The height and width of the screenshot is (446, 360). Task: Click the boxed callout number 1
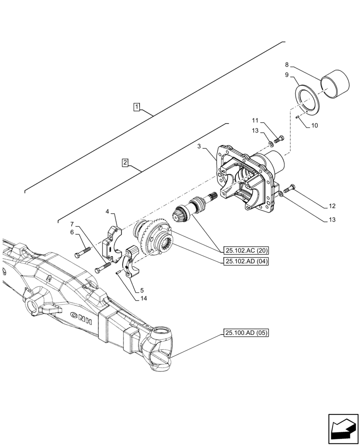[136, 107]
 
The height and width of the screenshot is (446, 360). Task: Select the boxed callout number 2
[125, 163]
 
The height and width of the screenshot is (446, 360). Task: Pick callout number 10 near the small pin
[314, 126]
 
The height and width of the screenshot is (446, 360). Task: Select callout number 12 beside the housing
[332, 206]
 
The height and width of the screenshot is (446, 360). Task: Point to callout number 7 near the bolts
[72, 223]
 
